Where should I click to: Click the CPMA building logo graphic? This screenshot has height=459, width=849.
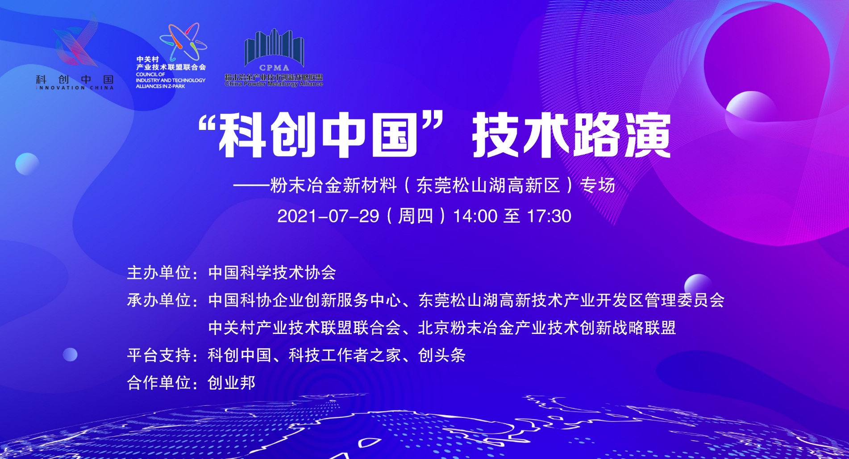274,50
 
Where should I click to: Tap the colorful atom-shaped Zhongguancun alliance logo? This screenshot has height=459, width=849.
183,42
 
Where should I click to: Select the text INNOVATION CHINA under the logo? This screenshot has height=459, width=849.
75,88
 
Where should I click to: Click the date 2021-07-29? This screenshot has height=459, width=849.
328,217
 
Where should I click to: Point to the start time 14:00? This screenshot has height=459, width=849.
475,217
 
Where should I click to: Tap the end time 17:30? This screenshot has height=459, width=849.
549,217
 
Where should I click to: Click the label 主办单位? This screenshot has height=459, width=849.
159,273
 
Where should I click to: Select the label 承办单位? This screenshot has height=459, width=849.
159,300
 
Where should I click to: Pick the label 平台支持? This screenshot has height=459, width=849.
159,355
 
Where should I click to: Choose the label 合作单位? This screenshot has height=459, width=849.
159,383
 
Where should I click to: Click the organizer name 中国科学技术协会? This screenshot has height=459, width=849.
272,273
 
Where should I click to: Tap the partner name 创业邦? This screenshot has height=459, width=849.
232,383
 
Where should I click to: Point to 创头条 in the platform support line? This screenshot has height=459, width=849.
442,355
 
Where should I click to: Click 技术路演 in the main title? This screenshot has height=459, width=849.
572,135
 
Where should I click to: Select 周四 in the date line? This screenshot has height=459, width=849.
416,217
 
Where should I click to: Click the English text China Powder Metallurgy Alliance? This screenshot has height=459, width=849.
274,84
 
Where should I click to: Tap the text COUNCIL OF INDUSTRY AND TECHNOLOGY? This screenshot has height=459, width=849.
171,77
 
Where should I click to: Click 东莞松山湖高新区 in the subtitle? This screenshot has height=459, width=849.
488,185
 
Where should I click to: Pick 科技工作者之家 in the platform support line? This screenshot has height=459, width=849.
345,355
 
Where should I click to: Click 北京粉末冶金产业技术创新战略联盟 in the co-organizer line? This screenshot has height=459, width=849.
547,328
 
